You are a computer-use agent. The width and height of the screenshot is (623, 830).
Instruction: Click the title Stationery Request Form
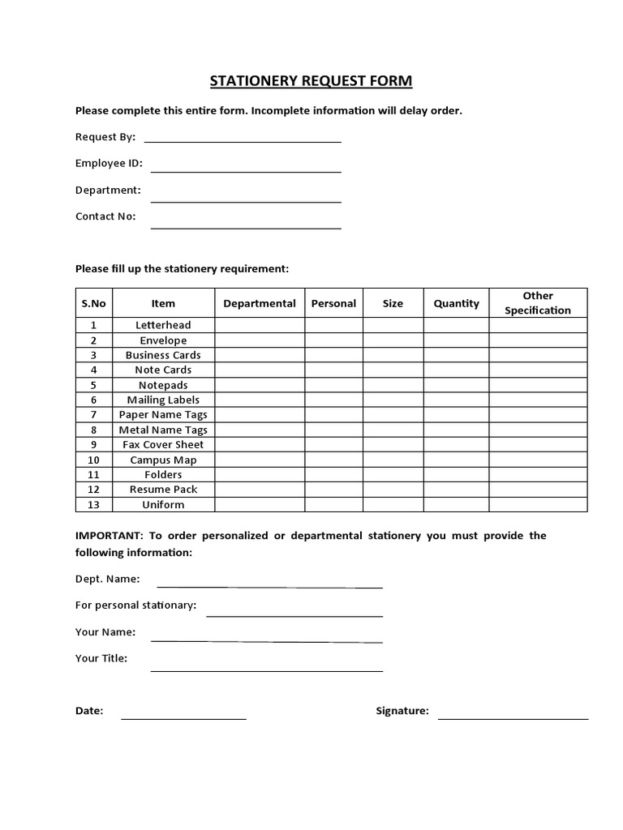tap(311, 81)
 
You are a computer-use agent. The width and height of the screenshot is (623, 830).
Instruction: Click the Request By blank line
tap(242, 140)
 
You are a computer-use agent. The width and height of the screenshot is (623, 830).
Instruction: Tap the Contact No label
tap(105, 216)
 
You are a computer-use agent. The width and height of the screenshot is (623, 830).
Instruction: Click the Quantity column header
tap(456, 303)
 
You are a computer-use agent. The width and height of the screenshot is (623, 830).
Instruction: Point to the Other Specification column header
tap(538, 303)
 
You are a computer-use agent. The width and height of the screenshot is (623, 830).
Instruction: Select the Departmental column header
tap(260, 303)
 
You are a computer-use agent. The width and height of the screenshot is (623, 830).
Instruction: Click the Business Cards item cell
tap(163, 355)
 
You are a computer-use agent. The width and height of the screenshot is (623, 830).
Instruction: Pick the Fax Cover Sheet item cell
tap(163, 445)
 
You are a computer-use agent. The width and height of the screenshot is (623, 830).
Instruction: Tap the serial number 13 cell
tap(93, 505)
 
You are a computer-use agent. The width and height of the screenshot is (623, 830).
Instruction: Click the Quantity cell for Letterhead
tap(456, 325)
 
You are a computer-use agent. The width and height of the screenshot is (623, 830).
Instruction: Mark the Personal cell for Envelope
tap(333, 340)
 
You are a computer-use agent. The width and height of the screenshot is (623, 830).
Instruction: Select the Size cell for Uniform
tap(393, 505)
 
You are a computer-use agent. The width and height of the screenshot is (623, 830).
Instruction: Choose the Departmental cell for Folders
tap(260, 475)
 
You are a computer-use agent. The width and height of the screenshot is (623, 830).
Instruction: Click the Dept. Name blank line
tap(269, 585)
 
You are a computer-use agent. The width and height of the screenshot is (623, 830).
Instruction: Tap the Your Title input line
tap(266, 670)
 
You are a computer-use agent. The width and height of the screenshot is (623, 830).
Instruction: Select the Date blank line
tap(183, 717)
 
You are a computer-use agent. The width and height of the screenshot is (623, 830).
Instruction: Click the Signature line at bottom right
tap(513, 717)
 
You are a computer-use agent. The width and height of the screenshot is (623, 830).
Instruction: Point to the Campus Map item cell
tap(163, 460)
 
